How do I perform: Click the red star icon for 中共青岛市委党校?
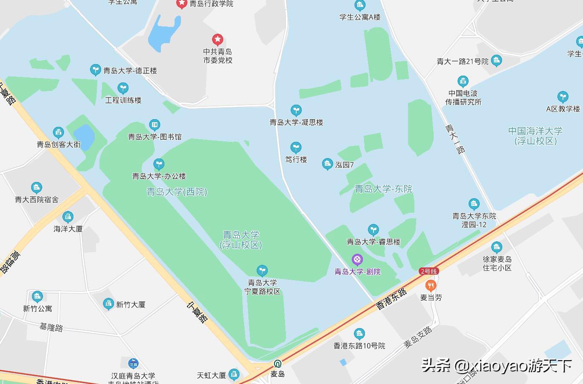tap(218, 40)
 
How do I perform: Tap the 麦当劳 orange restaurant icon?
tap(431, 285)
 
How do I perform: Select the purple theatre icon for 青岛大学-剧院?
tap(357, 259)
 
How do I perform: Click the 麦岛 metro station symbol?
tap(277, 364)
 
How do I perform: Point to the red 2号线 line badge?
tap(429, 271)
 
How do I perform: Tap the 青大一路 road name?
tap(455, 138)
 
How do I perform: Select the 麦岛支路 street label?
tap(418, 337)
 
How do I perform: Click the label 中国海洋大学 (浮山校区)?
tap(535, 136)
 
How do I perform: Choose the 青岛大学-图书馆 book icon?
tap(154, 125)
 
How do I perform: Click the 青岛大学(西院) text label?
tap(177, 192)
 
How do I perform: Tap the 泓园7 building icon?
tap(327, 164)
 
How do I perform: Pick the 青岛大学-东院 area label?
tap(383, 189)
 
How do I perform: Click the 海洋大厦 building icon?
tap(68, 217)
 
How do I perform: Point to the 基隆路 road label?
tap(51, 327)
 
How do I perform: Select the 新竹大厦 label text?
tap(131, 305)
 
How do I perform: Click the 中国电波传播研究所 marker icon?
tap(463, 81)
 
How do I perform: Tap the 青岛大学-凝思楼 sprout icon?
tap(296, 110)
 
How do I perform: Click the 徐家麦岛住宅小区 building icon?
tap(496, 247)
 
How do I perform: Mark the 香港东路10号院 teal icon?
tap(359, 334)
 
